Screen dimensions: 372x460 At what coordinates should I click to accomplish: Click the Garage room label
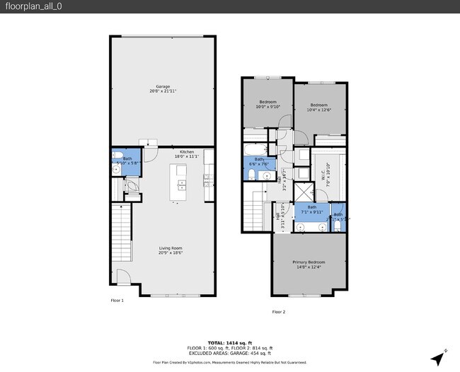click(162, 89)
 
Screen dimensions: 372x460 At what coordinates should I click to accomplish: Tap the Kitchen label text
click(187, 153)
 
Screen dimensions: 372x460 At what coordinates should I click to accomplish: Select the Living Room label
click(171, 250)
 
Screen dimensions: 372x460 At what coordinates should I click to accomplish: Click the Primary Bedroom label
click(309, 265)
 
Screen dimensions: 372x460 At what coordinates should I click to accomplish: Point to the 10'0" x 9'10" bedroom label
click(268, 104)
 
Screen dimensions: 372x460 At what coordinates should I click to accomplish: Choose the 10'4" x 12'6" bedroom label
click(320, 107)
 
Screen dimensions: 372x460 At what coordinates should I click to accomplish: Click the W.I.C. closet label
click(327, 170)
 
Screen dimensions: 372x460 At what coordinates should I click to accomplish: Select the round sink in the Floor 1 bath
click(115, 170)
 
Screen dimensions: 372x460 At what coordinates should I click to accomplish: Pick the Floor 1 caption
click(117, 301)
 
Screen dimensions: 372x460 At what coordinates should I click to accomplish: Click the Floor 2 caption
click(279, 311)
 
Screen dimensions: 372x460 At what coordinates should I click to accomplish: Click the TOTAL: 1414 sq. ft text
click(229, 342)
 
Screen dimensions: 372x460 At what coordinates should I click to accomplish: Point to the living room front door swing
click(122, 277)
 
